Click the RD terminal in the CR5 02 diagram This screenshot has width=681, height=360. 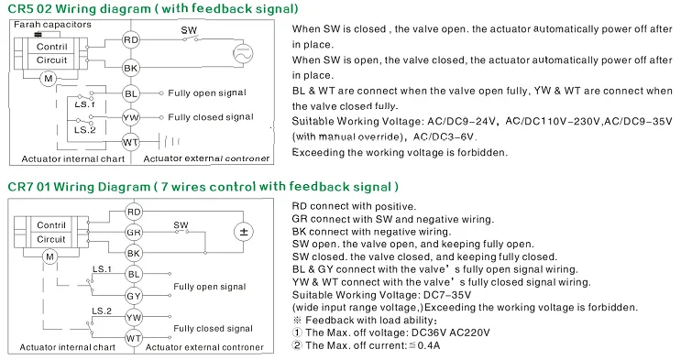pyautogui.click(x=131, y=40)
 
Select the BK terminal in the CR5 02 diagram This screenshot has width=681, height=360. pyautogui.click(x=131, y=68)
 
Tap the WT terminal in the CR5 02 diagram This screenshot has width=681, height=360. pyautogui.click(x=131, y=142)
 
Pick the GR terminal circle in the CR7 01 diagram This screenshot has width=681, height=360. pyautogui.click(x=133, y=233)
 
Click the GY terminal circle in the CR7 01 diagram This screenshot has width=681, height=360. pyautogui.click(x=133, y=296)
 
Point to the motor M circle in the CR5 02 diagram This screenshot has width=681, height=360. pyautogui.click(x=49, y=79)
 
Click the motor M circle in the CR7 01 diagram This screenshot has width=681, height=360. pyautogui.click(x=49, y=256)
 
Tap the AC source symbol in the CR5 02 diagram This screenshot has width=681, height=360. pyautogui.click(x=243, y=54)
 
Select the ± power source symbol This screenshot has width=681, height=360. pyautogui.click(x=244, y=232)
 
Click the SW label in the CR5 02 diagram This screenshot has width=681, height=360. pyautogui.click(x=189, y=30)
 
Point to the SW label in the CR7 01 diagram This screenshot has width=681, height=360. pyautogui.click(x=181, y=225)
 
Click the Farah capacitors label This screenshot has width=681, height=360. pyautogui.click(x=52, y=25)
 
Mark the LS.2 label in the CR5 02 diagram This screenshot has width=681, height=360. pyautogui.click(x=84, y=129)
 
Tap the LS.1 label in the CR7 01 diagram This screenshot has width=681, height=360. pyautogui.click(x=102, y=269)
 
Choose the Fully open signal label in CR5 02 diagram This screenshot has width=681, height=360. pyautogui.click(x=207, y=93)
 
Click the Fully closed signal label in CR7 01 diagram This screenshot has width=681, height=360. pyautogui.click(x=213, y=329)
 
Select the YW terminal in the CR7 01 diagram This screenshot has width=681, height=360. pyautogui.click(x=133, y=317)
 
